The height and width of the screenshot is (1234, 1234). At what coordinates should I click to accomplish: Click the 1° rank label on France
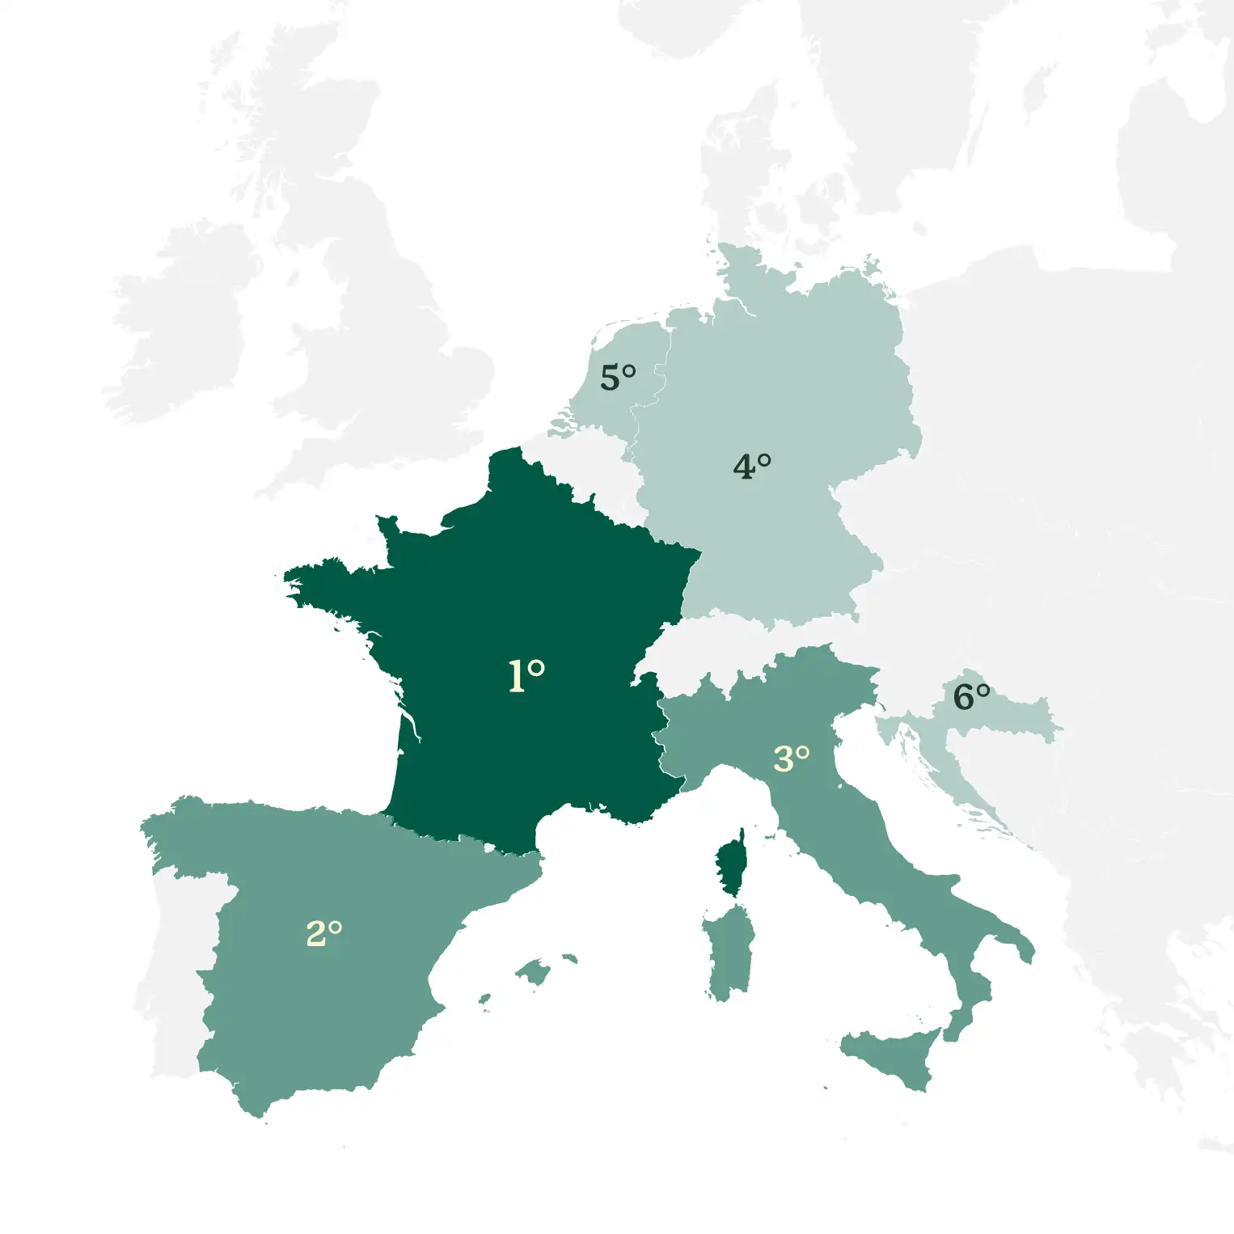(x=526, y=674)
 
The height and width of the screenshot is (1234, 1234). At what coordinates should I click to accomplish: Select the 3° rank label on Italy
(x=791, y=759)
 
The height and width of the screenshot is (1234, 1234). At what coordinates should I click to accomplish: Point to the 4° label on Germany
(x=751, y=467)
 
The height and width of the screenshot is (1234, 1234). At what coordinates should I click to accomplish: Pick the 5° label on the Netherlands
(x=618, y=378)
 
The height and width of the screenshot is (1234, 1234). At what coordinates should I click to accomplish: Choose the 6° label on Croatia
(x=971, y=696)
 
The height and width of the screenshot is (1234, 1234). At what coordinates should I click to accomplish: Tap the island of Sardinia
(x=729, y=950)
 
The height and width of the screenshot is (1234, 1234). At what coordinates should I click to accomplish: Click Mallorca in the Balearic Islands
(x=534, y=970)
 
